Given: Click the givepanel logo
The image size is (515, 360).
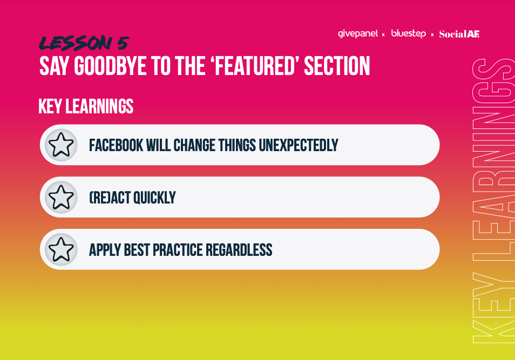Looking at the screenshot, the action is (358, 34).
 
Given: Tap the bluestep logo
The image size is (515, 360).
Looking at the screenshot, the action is (408, 33).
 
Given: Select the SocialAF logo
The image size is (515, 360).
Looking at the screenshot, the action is (459, 34).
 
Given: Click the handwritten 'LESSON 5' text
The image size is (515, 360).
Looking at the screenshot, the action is (84, 43).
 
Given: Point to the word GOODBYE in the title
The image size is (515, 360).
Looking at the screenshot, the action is (110, 66).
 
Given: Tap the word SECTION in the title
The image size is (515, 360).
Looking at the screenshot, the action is (337, 66).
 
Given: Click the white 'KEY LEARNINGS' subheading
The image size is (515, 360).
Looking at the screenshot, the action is (86, 106).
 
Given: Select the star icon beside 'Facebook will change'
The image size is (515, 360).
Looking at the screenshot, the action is (61, 145).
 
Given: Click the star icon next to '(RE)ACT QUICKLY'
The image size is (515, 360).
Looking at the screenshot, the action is (61, 197).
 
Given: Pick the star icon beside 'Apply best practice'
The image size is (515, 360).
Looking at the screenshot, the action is (61, 249).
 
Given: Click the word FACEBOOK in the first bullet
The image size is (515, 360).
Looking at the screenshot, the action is (116, 145).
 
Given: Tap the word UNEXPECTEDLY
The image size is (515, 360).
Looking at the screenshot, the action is (299, 145).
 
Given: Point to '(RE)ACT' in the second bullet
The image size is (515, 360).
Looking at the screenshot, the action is (110, 198).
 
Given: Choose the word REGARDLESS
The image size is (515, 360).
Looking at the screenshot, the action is (239, 250).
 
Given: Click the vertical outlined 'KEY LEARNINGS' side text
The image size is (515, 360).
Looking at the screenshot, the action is (493, 201).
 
